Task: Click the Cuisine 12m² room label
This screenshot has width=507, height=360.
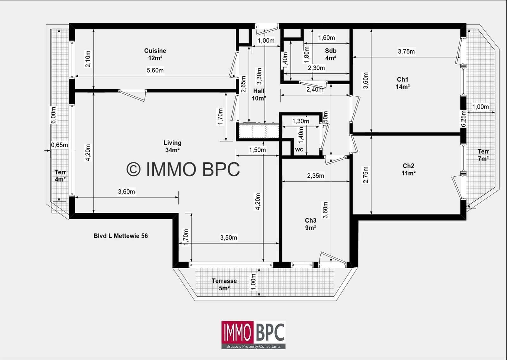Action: tap(155, 54)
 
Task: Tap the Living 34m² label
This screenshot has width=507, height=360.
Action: tap(172, 146)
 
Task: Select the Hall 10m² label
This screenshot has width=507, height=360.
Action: tap(259, 95)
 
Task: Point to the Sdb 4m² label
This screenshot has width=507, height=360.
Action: tap(331, 54)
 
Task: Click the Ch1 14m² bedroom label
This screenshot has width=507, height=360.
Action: tap(402, 83)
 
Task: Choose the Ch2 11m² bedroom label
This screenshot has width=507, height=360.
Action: tap(408, 169)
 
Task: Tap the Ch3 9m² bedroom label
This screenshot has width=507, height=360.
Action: tap(311, 224)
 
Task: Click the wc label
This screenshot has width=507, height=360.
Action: tap(299, 149)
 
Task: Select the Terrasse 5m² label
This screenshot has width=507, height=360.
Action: tap(224, 284)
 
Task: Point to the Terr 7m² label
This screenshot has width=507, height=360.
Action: tap(483, 155)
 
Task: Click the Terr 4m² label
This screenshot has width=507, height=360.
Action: tap(60, 176)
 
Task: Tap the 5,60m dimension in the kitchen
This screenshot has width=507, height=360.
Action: tap(155, 70)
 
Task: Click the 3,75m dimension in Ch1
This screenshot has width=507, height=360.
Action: tap(406, 51)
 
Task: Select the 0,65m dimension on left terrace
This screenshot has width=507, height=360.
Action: tap(60, 145)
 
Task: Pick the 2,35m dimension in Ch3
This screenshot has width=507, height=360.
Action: tap(316, 176)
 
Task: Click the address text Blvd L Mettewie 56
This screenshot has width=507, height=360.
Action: tap(120, 236)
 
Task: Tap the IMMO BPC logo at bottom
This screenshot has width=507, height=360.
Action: tap(253, 335)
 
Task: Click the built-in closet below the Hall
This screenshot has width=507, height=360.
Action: tap(259, 131)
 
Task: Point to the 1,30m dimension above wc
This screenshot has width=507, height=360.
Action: tap(300, 121)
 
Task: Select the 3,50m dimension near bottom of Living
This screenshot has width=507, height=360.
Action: tap(228, 237)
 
